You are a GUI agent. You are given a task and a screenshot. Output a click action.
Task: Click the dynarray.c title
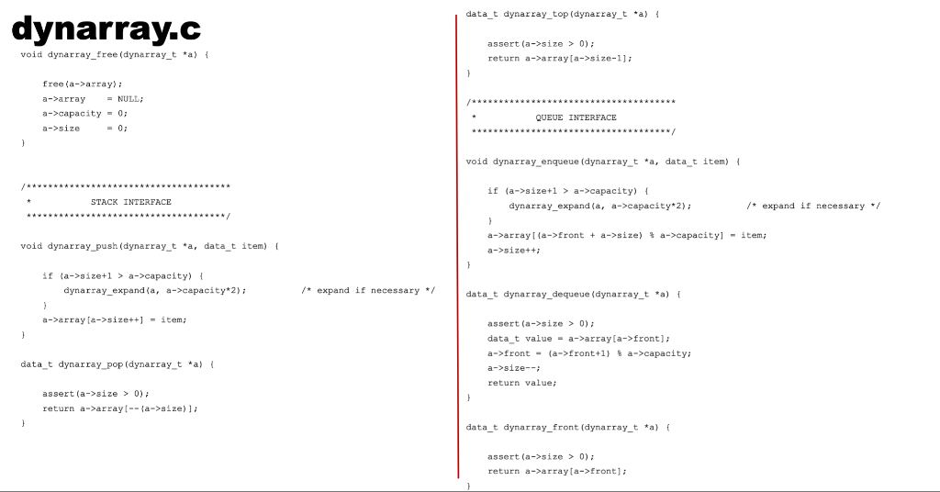tap(106, 29)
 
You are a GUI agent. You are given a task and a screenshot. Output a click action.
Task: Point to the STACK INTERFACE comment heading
tap(130, 202)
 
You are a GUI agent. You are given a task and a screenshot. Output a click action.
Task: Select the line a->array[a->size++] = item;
tap(115, 319)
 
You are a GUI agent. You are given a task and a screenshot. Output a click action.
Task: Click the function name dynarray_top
tap(536, 15)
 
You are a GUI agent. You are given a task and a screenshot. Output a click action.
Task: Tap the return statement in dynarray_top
tap(560, 58)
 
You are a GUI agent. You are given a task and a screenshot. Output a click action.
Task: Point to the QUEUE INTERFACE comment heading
tap(582, 117)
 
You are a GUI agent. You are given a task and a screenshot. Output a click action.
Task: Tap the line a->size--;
tap(513, 368)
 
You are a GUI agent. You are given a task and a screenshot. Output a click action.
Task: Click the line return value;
tap(522, 383)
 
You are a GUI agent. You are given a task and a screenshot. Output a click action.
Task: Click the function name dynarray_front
tap(536, 427)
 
